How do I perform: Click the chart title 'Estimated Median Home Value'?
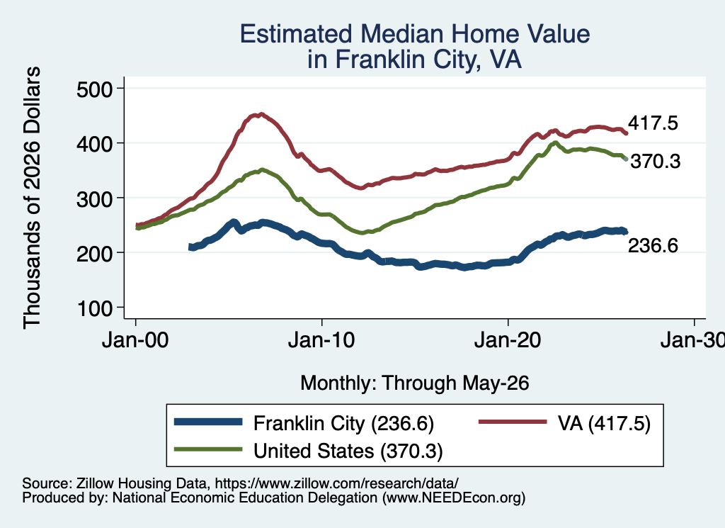[415, 34]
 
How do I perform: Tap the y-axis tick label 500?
[95, 89]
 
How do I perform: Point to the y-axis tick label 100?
[95, 308]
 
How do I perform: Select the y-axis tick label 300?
[95, 198]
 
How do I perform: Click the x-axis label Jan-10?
[321, 340]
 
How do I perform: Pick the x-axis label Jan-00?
[135, 340]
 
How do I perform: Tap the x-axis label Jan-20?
[508, 340]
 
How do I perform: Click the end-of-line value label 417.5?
[653, 123]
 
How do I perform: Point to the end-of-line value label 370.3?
[656, 161]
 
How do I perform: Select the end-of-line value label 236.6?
[653, 245]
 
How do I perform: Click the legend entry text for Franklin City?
[343, 423]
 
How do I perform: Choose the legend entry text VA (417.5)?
[604, 423]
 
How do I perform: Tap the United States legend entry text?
[348, 451]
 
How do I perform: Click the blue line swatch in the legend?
[208, 422]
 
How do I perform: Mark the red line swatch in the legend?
[513, 422]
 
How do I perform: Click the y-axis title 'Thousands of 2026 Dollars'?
[32, 198]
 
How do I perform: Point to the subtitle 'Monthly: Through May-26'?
[415, 383]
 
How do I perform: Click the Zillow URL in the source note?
[336, 483]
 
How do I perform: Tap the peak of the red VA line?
[261, 114]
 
